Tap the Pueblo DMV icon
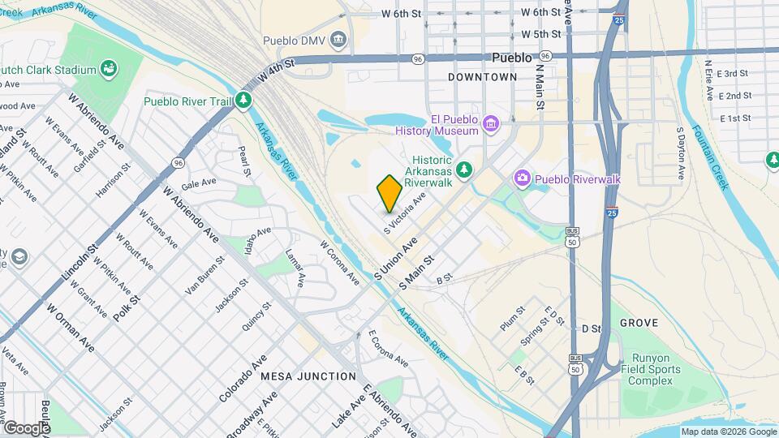338,38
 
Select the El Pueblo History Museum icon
490,123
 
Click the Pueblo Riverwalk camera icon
523,178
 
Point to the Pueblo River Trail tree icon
243,101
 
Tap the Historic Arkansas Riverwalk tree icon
463,169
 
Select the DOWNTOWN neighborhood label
482,77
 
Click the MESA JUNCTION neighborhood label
308,376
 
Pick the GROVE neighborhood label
639,323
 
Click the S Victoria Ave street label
405,213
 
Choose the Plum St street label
513,317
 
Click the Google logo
26,427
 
